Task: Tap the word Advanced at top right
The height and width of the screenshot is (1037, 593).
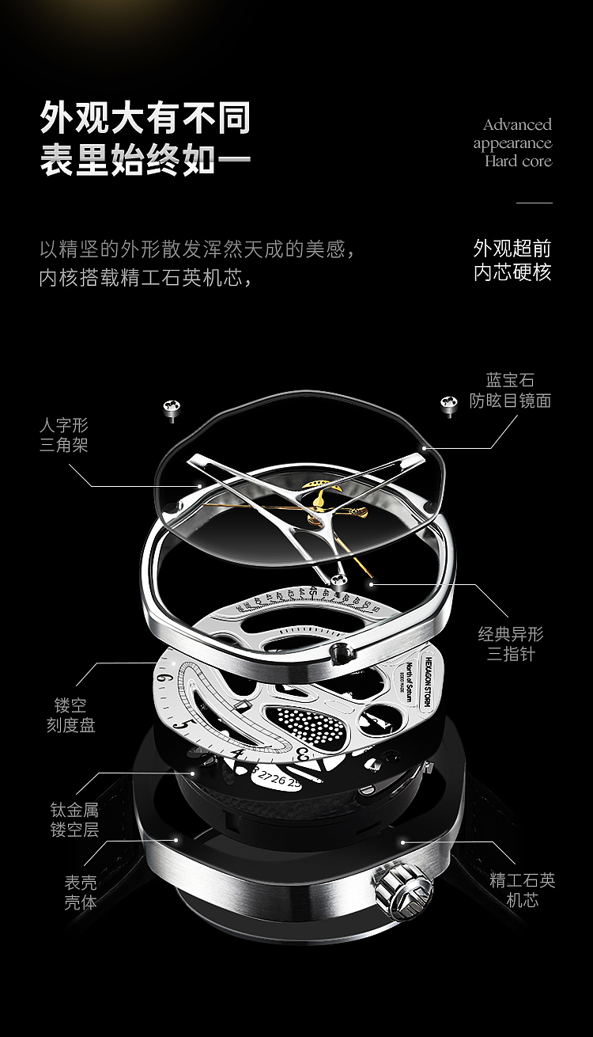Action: pyautogui.click(x=517, y=124)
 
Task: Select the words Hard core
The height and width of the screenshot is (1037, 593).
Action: pyautogui.click(x=518, y=161)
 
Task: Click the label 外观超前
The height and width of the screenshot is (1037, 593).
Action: pyautogui.click(x=512, y=248)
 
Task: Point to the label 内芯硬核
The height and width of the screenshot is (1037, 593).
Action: pyautogui.click(x=512, y=272)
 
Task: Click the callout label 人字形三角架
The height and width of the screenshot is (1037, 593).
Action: pyautogui.click(x=64, y=435)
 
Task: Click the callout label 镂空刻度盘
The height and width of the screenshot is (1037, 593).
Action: pyautogui.click(x=71, y=714)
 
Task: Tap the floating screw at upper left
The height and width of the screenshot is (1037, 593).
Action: pyautogui.click(x=172, y=408)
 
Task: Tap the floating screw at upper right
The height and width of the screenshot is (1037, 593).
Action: pyautogui.click(x=448, y=404)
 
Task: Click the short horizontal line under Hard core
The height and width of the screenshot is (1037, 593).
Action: pyautogui.click(x=534, y=203)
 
